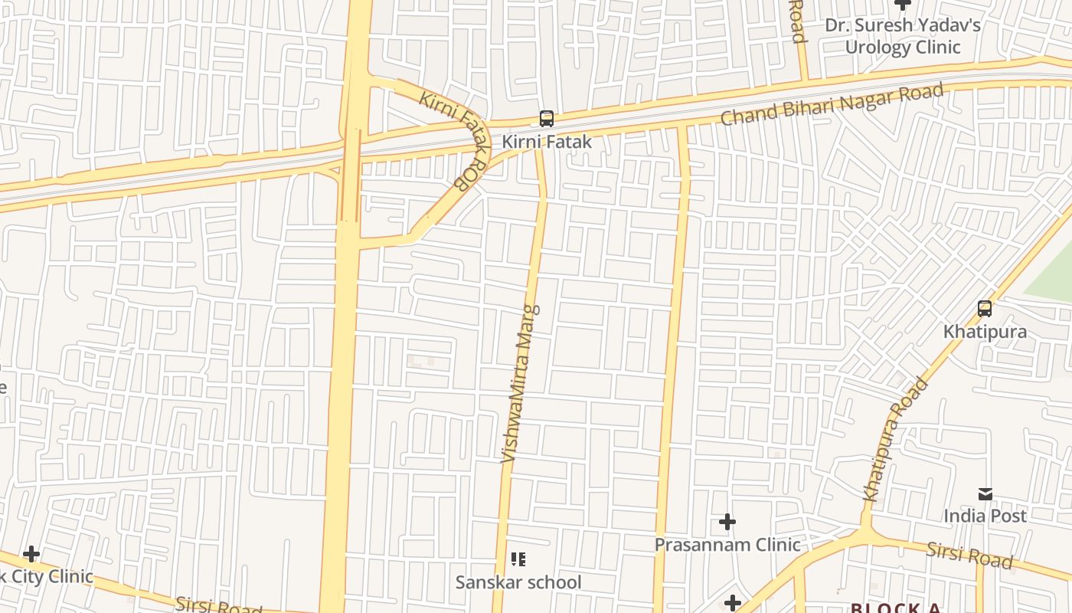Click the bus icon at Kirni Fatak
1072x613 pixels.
point(546,119)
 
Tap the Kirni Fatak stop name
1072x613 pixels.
point(547,142)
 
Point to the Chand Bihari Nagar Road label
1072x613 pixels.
point(832,105)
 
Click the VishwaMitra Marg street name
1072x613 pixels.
point(520,383)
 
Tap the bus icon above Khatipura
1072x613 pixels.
point(985,309)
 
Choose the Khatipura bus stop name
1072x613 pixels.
point(985,332)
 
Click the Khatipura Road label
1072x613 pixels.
point(895,440)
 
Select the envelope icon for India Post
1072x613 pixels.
point(985,493)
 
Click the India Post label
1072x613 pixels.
point(985,516)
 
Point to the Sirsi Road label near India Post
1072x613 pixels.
point(969,554)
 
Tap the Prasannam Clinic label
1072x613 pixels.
point(727,545)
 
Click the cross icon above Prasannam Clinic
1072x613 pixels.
point(727,523)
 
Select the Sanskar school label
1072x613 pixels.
point(518,582)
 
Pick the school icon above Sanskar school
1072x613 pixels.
point(518,559)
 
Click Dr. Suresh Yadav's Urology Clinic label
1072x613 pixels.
point(902,36)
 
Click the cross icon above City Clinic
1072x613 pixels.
point(31,553)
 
